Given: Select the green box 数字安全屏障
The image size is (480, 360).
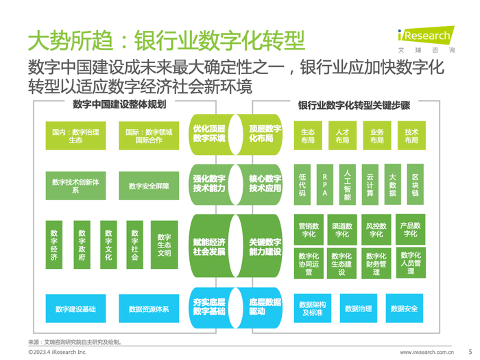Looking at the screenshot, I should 148,186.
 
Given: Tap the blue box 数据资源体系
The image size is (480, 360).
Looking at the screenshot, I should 148,309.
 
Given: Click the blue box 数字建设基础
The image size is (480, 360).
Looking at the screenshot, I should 75,309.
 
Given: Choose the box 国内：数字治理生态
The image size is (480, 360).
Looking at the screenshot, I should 75,136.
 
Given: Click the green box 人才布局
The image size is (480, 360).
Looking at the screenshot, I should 342,136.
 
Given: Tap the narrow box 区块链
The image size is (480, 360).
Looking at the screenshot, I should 415,184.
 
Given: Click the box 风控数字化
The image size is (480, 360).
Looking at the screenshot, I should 376,230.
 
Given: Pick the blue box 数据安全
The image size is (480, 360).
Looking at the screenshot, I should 404,309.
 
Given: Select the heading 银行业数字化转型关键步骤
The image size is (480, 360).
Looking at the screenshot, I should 355,106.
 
